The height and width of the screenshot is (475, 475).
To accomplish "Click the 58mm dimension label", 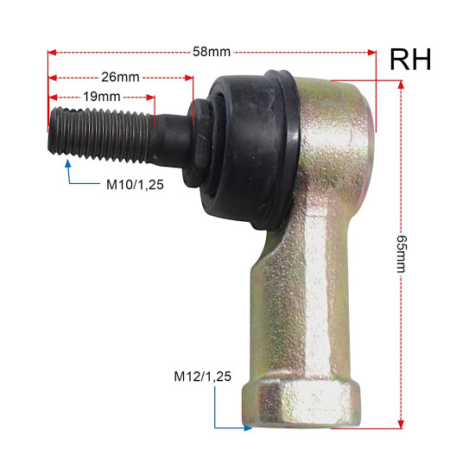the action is tap(212, 52).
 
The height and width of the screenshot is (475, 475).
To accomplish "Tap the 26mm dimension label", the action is tap(120, 77).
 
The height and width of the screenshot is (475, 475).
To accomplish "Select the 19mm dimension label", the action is tap(102, 97).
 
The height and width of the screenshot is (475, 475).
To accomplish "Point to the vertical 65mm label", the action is tap(402, 254).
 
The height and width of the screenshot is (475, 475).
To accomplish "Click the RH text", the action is tap(410, 60).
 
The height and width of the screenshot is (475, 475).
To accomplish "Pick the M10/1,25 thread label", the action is tap(135, 185).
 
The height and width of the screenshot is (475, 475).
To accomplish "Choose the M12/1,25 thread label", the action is tap(202, 377).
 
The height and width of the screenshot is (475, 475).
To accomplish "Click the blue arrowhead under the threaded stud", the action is tap(68, 163).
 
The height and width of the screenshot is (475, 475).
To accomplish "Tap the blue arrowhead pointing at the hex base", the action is tap(249, 427).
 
